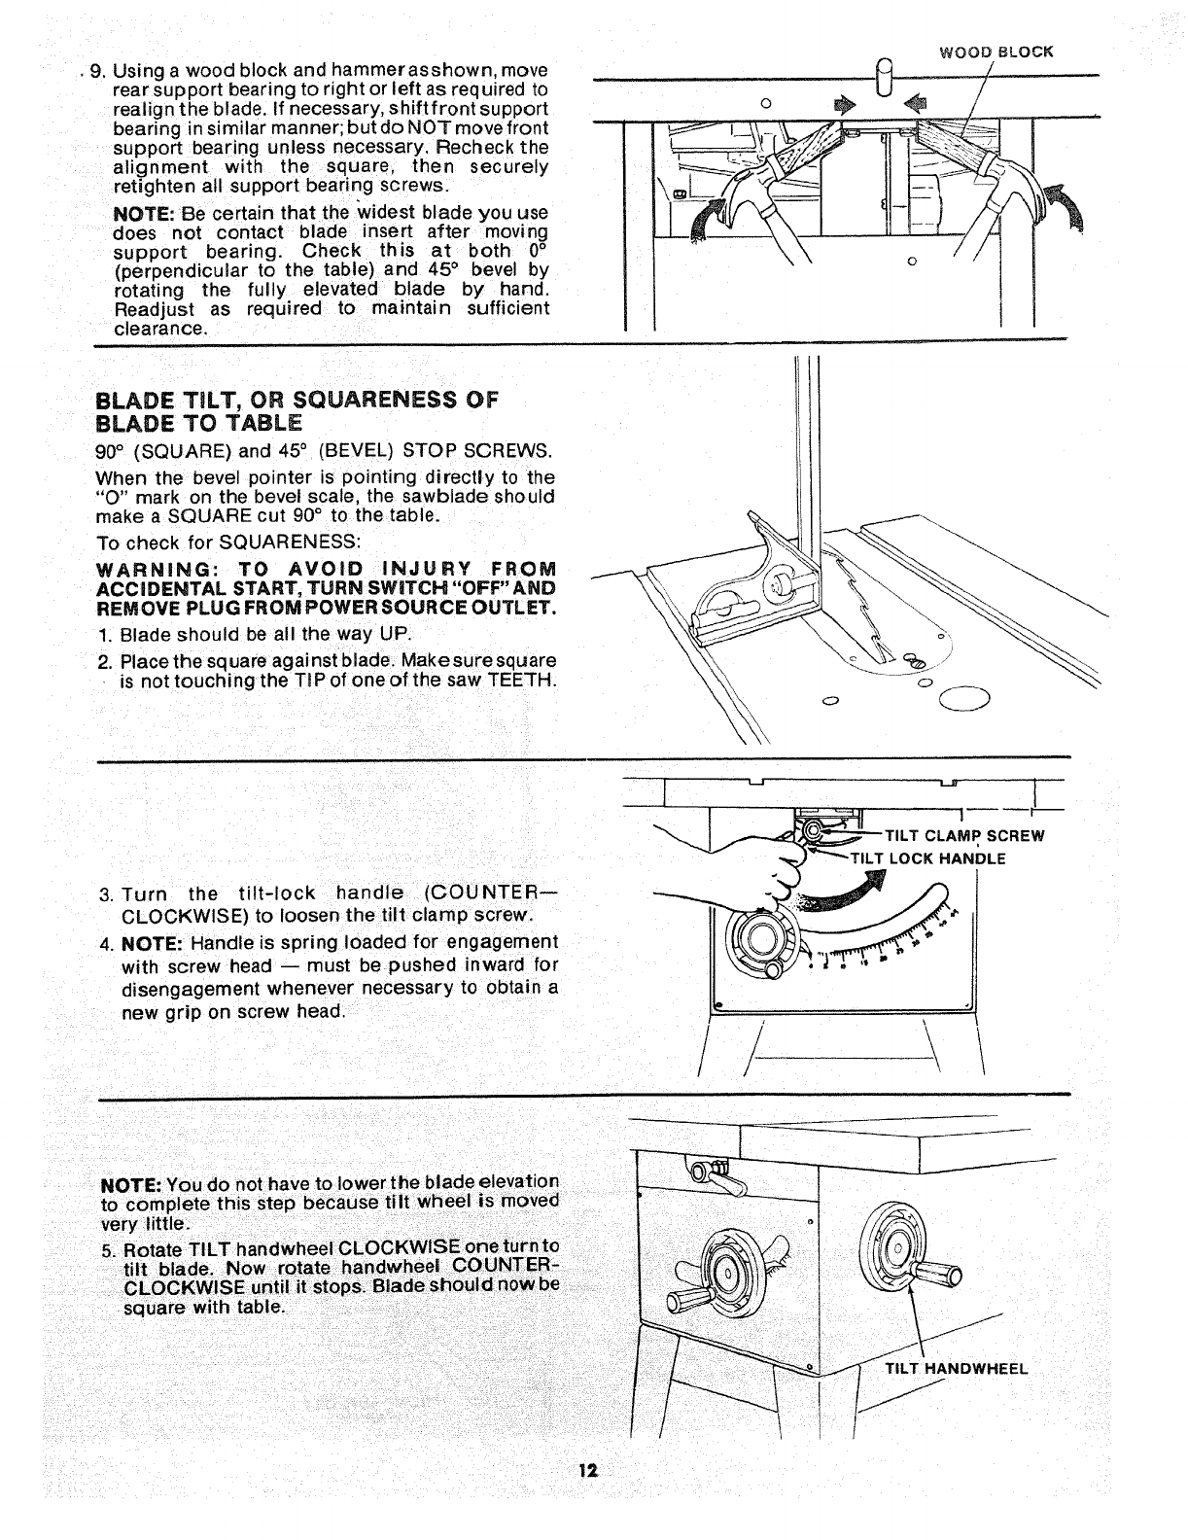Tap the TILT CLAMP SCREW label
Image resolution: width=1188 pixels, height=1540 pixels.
[963, 835]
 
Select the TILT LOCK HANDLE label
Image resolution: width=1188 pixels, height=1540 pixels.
[927, 857]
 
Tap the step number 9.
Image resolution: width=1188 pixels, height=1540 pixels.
[95, 72]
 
